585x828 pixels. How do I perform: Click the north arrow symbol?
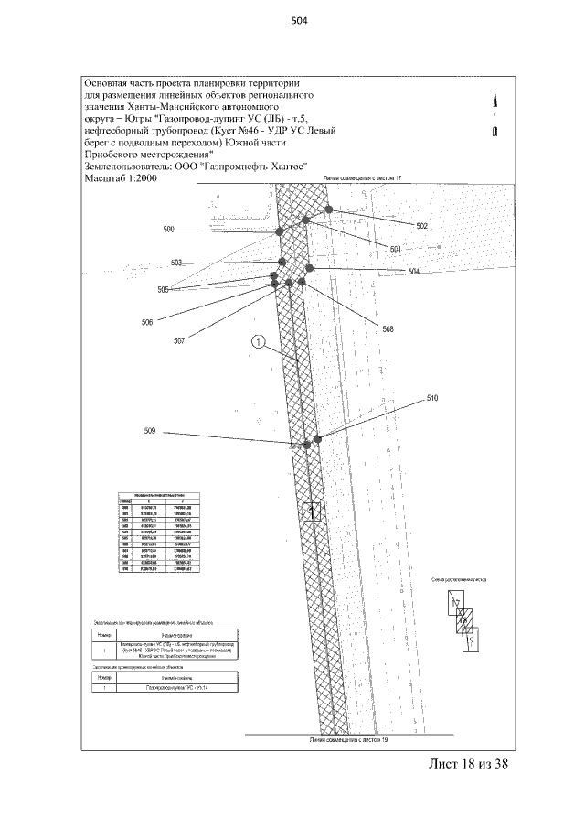(495, 114)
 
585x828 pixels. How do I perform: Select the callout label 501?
(396, 249)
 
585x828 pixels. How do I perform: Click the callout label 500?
(169, 230)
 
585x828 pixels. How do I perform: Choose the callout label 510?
(432, 399)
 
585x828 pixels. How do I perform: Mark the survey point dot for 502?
(328, 211)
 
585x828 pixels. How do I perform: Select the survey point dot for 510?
(318, 439)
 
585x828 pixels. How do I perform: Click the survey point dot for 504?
(310, 268)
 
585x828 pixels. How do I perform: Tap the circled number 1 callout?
(259, 343)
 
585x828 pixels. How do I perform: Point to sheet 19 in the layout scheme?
(471, 640)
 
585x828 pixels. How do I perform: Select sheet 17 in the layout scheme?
(454, 603)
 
